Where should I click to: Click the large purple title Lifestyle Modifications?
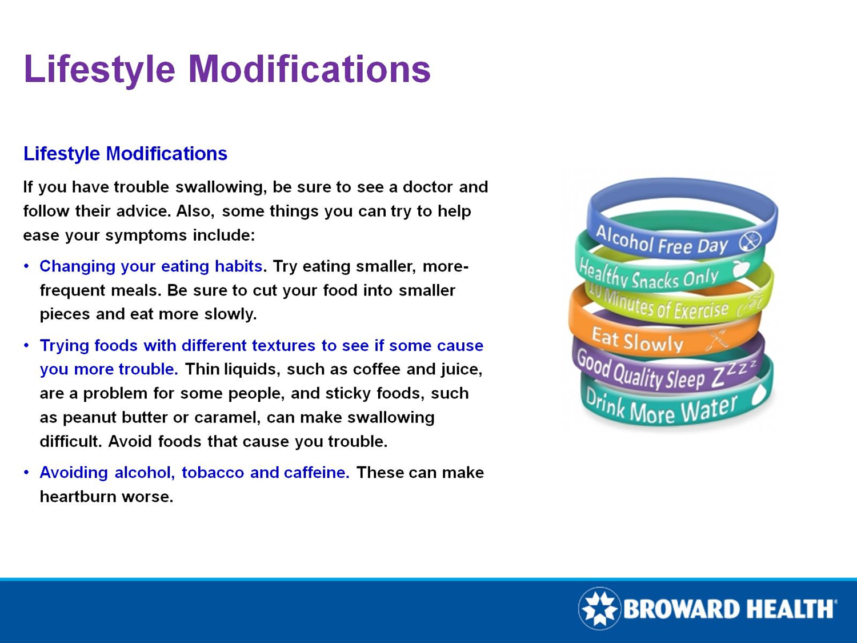point(227,69)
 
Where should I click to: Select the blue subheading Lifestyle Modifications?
point(125,154)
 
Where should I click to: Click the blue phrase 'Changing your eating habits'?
point(151,266)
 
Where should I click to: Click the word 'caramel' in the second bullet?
point(225,418)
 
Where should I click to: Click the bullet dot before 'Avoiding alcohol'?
point(26,473)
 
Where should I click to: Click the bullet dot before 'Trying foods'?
point(26,346)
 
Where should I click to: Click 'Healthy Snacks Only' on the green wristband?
point(648,276)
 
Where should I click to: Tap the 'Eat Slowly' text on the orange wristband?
point(637,340)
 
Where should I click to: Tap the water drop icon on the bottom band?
point(759,394)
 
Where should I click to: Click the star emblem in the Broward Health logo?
point(599,608)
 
